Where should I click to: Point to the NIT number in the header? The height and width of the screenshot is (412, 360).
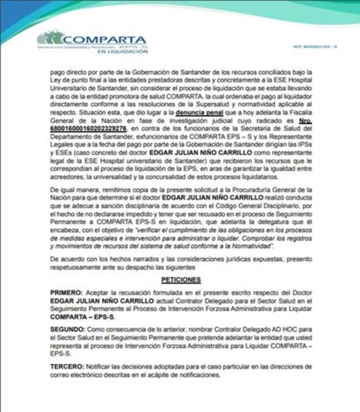pos(314,47)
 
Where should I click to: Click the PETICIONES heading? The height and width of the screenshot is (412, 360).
pos(181,280)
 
